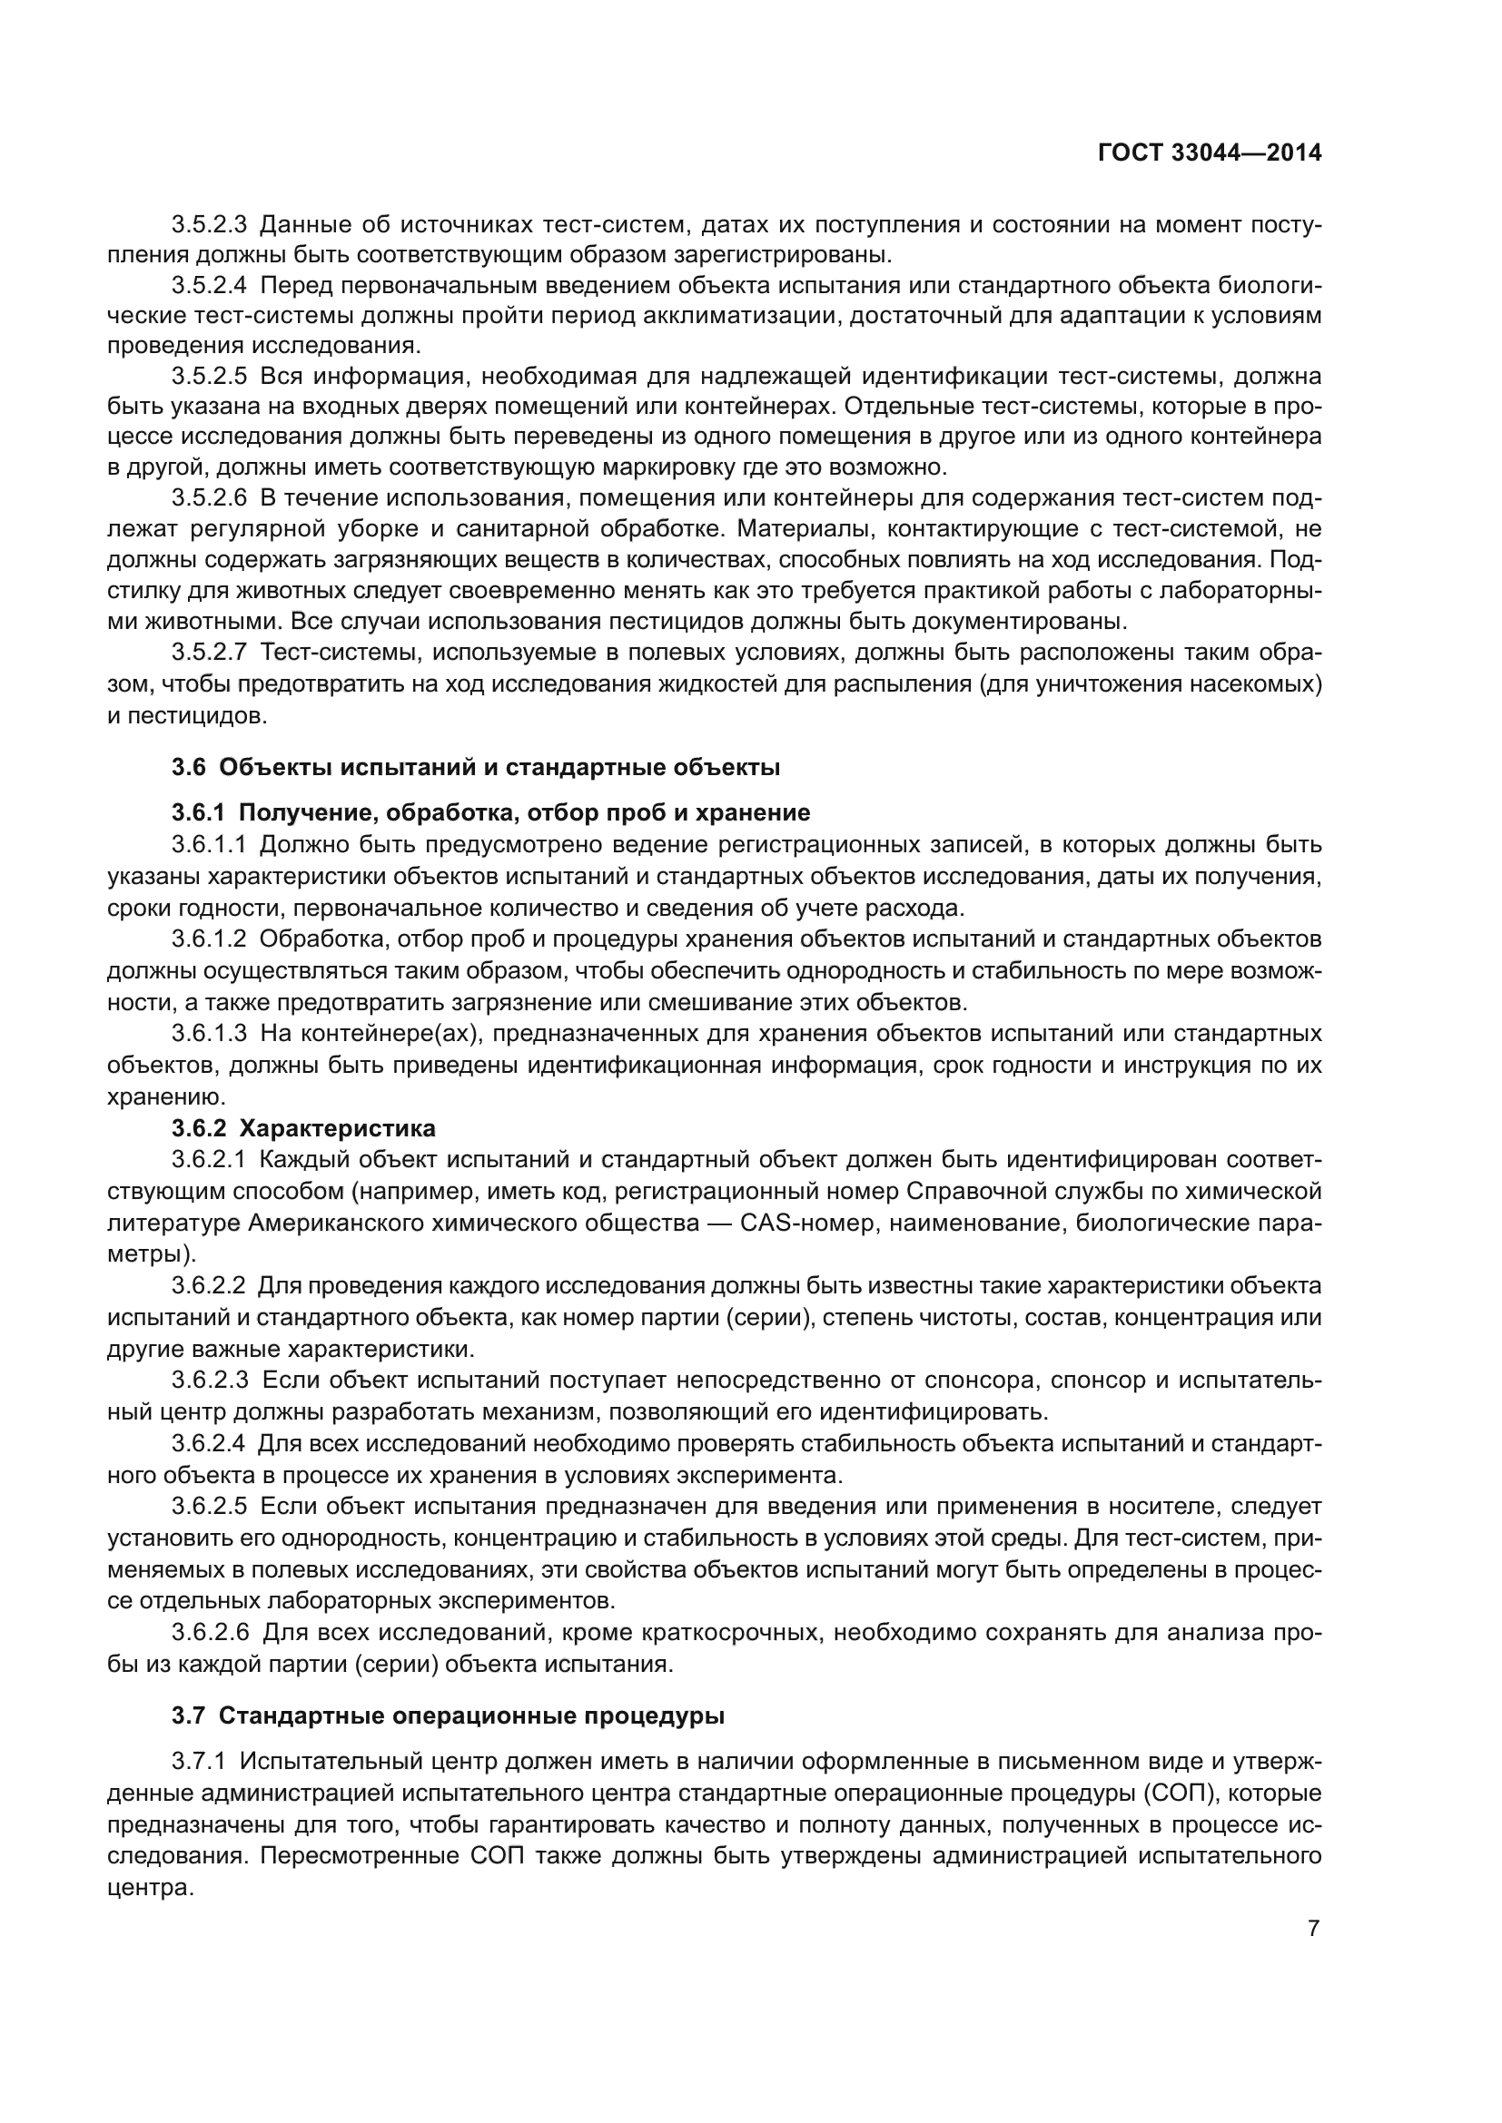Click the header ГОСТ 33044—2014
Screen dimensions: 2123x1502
[x=1209, y=153]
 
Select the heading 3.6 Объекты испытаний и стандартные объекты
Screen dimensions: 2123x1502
[x=477, y=768]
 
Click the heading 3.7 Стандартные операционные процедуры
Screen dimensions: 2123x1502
[x=448, y=1716]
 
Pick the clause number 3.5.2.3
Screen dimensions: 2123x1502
[x=209, y=225]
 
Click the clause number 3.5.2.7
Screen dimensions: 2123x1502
[x=209, y=653]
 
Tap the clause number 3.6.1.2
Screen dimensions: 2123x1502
[x=209, y=939]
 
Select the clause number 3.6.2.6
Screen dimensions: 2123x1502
[x=209, y=1633]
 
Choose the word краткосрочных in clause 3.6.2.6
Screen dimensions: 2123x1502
[x=727, y=1633]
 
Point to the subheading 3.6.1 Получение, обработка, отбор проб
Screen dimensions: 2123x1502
[x=490, y=812]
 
